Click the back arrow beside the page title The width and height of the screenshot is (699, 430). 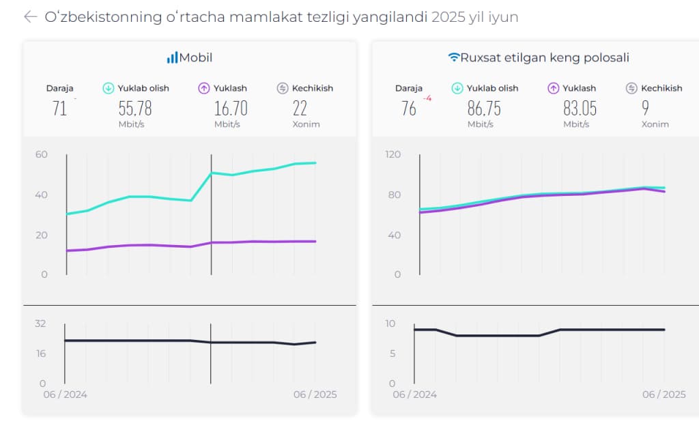click(30, 17)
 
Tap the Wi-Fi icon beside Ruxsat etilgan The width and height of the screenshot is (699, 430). click(454, 58)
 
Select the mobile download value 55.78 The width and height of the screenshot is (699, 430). click(134, 108)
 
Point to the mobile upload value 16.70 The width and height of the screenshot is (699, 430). click(230, 108)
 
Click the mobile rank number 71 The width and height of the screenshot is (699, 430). click(59, 108)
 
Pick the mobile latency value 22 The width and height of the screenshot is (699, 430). click(300, 108)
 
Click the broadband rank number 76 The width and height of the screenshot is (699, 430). click(408, 108)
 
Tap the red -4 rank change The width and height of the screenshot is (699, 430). click(427, 98)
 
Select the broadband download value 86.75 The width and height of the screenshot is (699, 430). click(484, 108)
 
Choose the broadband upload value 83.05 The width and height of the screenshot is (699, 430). click(580, 108)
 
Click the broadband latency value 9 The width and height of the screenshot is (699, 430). click(645, 108)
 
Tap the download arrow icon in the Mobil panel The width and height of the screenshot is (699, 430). click(108, 88)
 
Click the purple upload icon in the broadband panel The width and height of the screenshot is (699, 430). click(553, 88)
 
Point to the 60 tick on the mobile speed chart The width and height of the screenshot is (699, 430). click(42, 154)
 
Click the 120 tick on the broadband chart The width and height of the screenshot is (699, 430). click(393, 154)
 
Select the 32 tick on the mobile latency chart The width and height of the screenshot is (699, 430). click(40, 324)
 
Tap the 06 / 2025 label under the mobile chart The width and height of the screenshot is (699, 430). click(315, 395)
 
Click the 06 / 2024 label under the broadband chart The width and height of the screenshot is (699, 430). click(414, 395)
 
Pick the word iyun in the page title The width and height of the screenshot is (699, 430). click(502, 17)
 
